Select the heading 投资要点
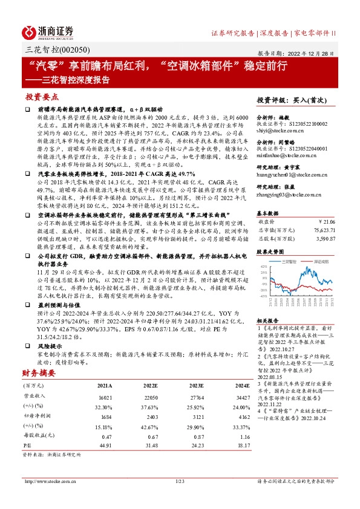click(42, 97)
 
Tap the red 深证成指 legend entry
click(321, 261)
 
